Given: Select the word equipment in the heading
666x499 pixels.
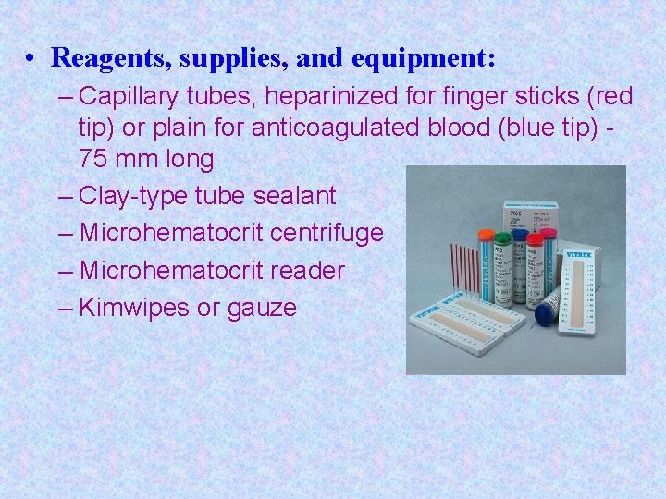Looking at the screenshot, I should (x=424, y=58).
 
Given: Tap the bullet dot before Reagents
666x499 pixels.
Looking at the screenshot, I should (x=31, y=59).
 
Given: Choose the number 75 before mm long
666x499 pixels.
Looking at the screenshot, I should (x=92, y=159).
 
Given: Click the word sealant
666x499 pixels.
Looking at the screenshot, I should (x=290, y=196).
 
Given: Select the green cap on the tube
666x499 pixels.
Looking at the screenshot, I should (x=502, y=238).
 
